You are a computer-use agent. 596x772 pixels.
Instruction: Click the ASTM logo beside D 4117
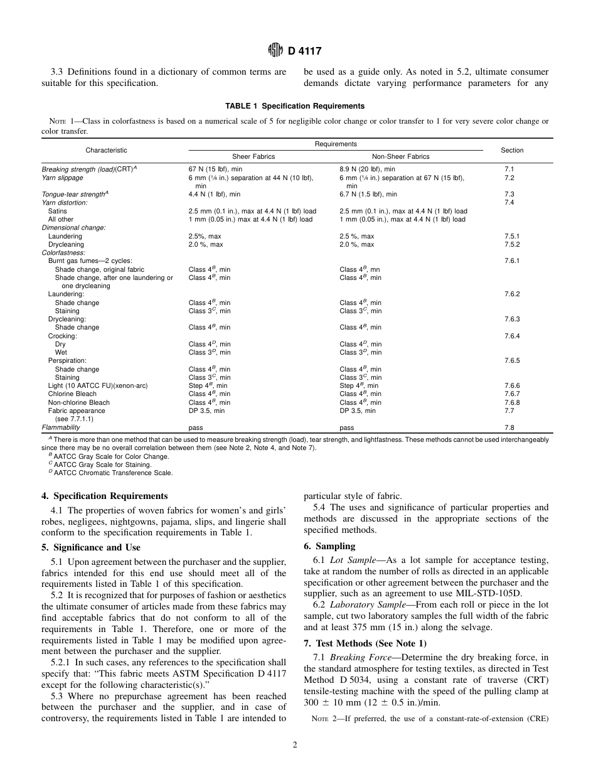[x=274, y=50]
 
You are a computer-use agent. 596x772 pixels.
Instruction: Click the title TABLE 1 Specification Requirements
[x=295, y=106]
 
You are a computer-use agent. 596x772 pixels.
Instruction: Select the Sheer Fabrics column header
[x=253, y=156]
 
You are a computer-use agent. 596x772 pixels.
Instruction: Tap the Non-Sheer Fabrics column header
[x=400, y=156]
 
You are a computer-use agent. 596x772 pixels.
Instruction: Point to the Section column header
[x=512, y=150]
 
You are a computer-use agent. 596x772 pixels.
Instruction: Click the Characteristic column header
[x=106, y=150]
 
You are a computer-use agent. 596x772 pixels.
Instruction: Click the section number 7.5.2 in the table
[x=512, y=245]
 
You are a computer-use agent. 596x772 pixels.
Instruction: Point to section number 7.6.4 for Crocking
[x=512, y=336]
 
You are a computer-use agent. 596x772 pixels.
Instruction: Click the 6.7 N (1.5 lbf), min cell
[x=368, y=195]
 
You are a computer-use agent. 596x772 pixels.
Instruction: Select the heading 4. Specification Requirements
[x=104, y=496]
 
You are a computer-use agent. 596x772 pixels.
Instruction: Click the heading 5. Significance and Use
[x=90, y=547]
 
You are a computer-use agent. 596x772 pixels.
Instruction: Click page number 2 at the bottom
[x=294, y=745]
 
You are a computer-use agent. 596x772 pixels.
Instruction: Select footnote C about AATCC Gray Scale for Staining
[x=100, y=464]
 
